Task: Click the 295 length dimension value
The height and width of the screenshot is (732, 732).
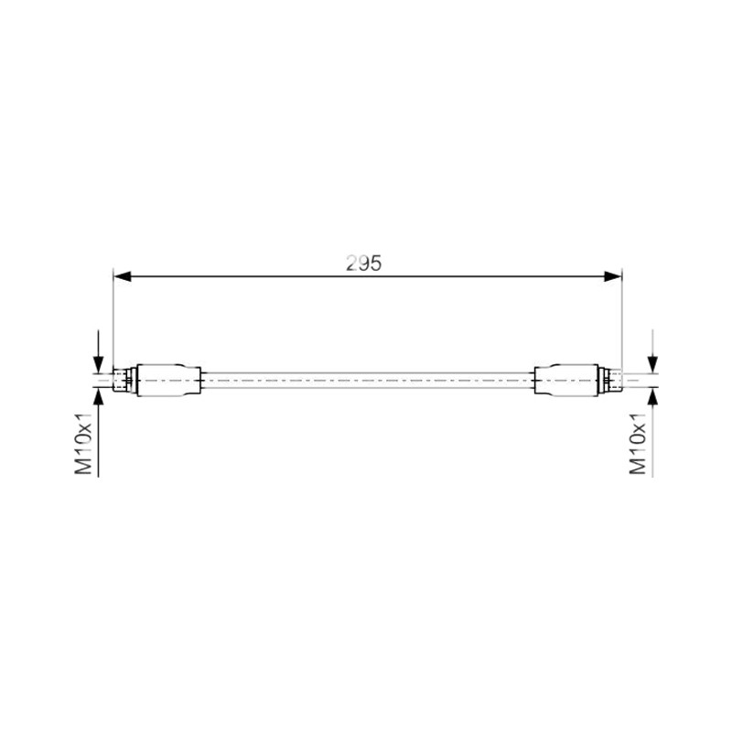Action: tap(363, 264)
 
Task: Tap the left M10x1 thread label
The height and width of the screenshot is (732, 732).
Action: tap(84, 444)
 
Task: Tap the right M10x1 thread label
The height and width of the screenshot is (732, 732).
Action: tap(638, 444)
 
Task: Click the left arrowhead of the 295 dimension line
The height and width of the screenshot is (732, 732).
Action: tap(123, 277)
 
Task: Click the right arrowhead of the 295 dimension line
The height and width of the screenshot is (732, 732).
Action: tap(612, 277)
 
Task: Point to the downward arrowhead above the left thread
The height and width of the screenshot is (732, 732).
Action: tap(98, 364)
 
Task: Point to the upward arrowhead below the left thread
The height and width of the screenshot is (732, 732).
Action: tap(98, 397)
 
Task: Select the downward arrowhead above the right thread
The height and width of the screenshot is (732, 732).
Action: tap(652, 364)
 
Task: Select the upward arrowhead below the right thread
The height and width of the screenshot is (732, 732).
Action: tap(652, 397)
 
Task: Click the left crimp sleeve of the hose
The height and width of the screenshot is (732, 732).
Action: tap(169, 381)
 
